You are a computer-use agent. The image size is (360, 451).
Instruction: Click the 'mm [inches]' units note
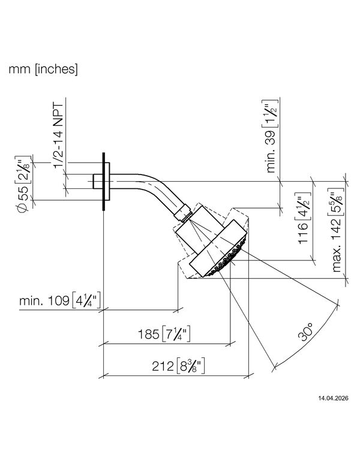tap(43, 70)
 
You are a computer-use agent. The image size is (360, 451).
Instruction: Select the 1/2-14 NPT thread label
tap(58, 136)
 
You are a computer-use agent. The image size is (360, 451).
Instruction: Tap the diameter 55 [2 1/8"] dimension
tap(22, 185)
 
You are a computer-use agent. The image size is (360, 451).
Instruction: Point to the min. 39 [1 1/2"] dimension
tap(270, 136)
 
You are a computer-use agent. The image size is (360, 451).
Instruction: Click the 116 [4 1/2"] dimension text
tap(303, 218)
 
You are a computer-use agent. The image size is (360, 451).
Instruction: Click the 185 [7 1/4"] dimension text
tap(164, 333)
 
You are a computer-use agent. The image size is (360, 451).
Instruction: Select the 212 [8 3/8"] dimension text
tap(178, 366)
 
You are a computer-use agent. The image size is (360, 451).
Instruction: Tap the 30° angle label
tap(305, 332)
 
